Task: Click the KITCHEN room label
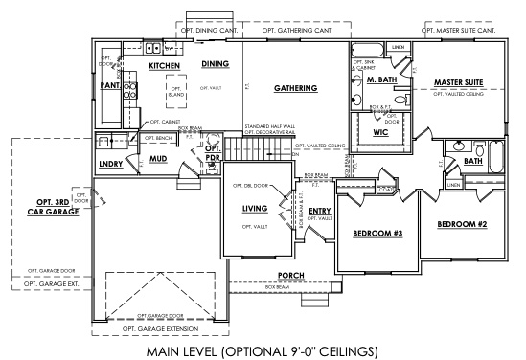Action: [166, 65]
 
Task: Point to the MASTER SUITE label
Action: [458, 82]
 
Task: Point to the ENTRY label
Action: [320, 211]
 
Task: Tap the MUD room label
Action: [159, 159]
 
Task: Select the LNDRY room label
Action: [110, 165]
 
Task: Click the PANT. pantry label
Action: [110, 85]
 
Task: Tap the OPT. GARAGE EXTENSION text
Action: [160, 328]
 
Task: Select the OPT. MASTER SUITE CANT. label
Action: [459, 30]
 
